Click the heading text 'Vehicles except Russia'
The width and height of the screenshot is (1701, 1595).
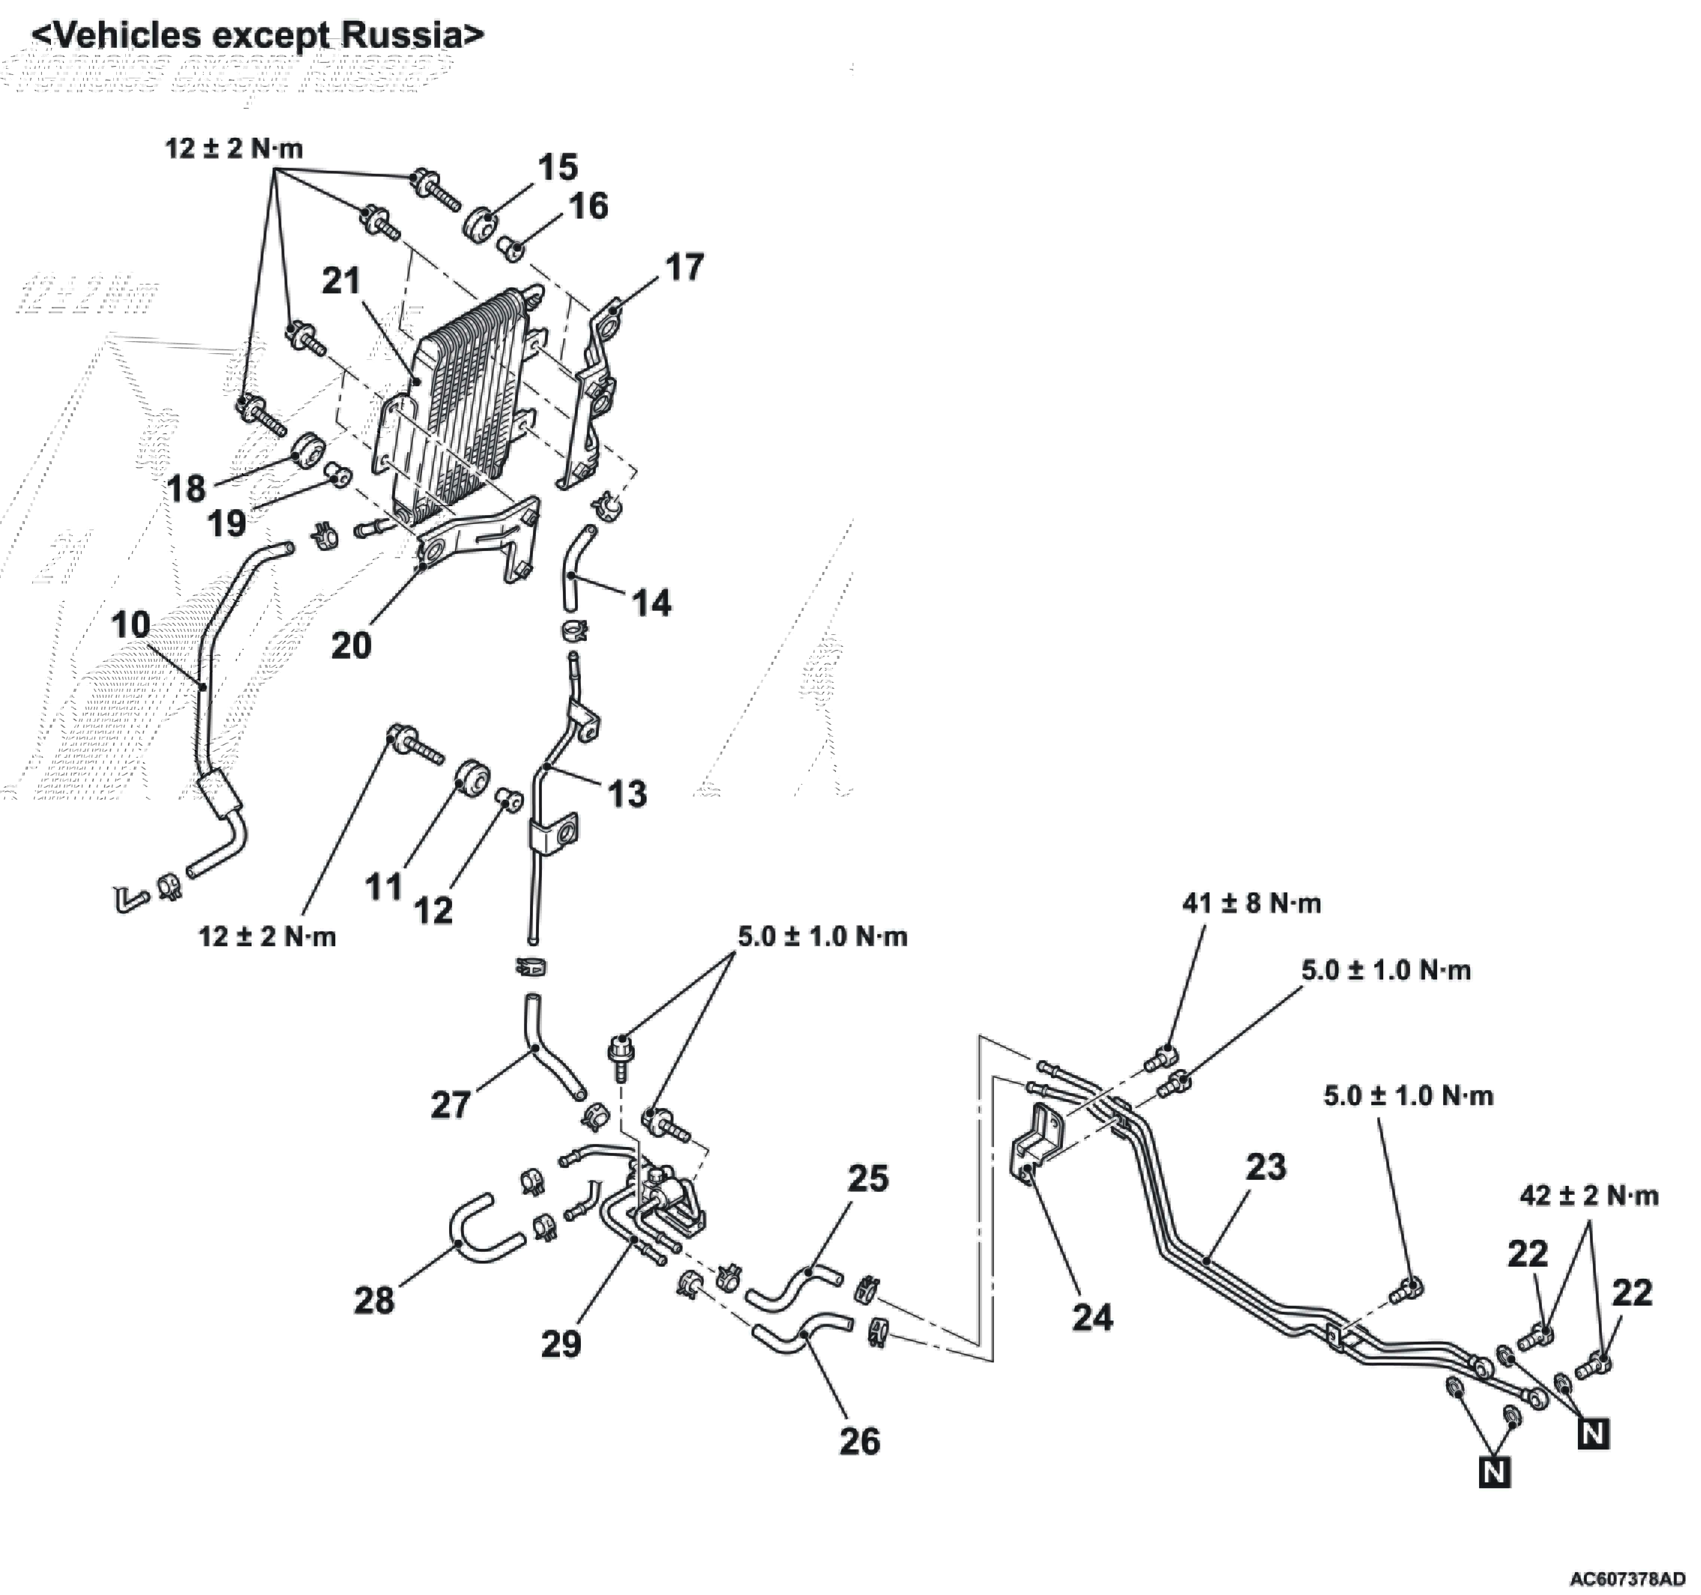[257, 36]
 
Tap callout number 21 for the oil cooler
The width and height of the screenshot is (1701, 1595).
[341, 281]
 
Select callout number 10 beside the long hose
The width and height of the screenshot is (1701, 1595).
[131, 625]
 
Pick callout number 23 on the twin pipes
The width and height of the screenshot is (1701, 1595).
[1265, 1167]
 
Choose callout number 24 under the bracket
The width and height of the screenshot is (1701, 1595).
[1092, 1318]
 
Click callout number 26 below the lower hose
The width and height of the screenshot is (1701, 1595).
[859, 1441]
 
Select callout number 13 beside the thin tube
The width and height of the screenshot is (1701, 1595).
[627, 794]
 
